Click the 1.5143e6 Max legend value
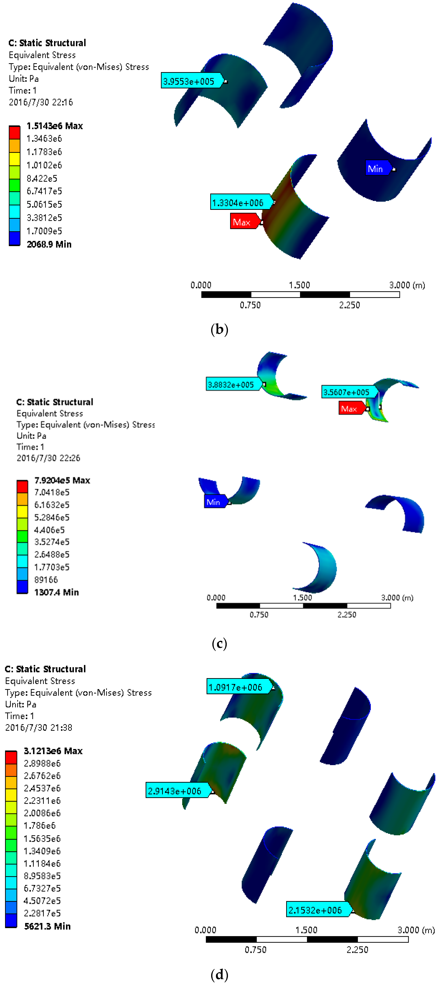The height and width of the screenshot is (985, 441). (x=54, y=126)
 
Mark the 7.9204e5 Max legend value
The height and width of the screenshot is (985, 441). (x=62, y=480)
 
